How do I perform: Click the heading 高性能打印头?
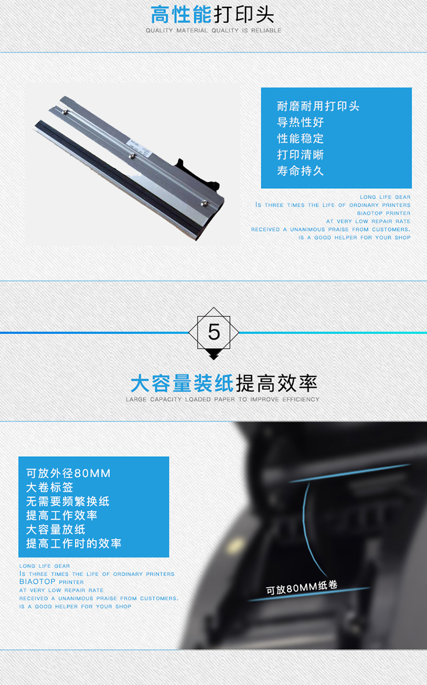(x=212, y=14)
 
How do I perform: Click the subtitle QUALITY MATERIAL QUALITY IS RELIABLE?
(x=213, y=31)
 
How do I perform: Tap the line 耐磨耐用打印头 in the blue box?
(x=318, y=106)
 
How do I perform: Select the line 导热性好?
(x=300, y=122)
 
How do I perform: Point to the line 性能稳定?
(x=300, y=138)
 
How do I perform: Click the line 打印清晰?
(x=300, y=155)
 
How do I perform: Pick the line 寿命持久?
(x=300, y=171)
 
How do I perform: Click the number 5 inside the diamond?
(x=214, y=332)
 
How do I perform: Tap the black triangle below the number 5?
(x=213, y=354)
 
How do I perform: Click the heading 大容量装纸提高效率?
(x=224, y=383)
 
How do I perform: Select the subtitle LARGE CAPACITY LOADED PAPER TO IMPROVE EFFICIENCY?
(x=223, y=399)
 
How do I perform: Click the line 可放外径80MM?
(x=68, y=473)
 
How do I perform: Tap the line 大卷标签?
(x=50, y=487)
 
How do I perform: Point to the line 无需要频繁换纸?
(x=68, y=501)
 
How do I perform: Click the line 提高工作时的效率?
(x=74, y=543)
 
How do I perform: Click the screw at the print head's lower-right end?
(x=204, y=203)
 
